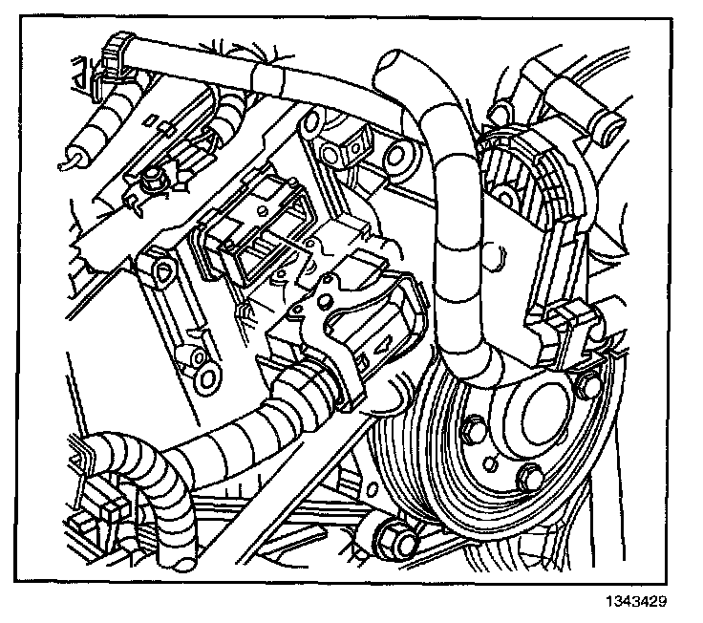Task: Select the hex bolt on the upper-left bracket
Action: coord(154,178)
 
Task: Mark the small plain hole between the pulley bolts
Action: coord(488,462)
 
